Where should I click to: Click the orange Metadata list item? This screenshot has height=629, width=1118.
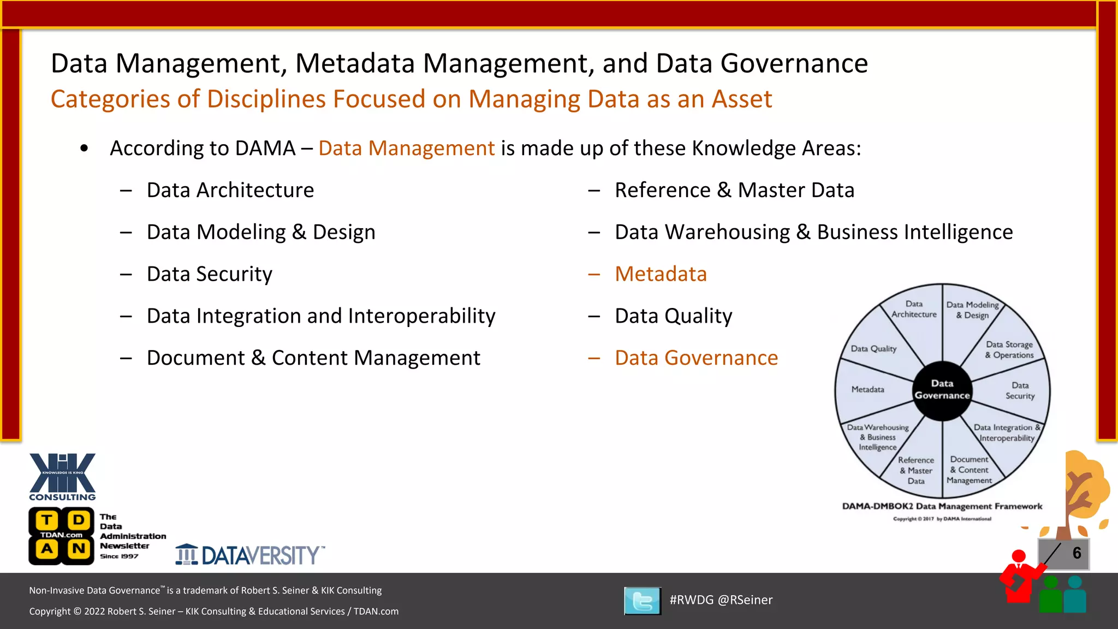[661, 274]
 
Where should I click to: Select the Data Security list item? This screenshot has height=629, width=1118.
[210, 274]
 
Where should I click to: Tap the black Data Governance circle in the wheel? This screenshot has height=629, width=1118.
[942, 390]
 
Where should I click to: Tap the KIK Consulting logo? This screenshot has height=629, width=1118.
[62, 476]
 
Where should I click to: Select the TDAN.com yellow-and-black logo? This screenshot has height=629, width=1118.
[62, 536]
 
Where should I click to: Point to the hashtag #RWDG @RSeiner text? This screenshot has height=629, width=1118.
[721, 600]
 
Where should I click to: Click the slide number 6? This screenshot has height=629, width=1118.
[1077, 553]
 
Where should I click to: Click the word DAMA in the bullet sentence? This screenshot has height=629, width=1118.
[265, 149]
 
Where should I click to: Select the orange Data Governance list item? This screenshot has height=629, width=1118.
[696, 358]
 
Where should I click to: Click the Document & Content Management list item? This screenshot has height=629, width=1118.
[313, 358]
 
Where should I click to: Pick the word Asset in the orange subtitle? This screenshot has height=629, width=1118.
[741, 99]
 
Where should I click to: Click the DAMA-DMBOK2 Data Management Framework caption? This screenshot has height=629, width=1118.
[942, 506]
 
